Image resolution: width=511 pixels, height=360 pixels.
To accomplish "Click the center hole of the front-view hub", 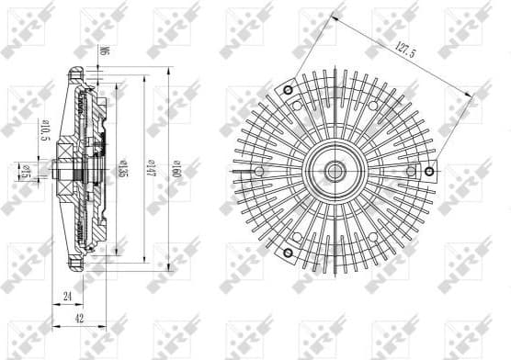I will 333,171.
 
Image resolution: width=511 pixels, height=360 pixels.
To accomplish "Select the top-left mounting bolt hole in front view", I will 288,90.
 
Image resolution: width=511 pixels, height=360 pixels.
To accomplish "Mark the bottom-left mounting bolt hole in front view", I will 287,252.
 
